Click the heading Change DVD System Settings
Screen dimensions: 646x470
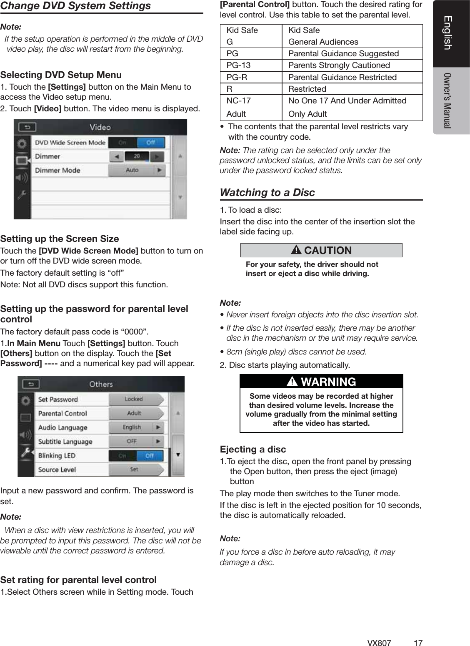[75, 6]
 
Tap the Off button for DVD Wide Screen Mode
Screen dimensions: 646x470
[150, 142]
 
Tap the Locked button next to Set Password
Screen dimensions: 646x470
[134, 399]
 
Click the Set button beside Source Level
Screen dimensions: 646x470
[134, 470]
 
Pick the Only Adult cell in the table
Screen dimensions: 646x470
[307, 114]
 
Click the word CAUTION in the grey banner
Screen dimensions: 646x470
[327, 250]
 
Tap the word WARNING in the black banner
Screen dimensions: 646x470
[328, 382]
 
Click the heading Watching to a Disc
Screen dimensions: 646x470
[267, 192]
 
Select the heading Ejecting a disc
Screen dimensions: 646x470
[253, 449]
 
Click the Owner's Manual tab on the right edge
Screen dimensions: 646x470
[448, 100]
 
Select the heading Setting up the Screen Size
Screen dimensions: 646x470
[60, 239]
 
